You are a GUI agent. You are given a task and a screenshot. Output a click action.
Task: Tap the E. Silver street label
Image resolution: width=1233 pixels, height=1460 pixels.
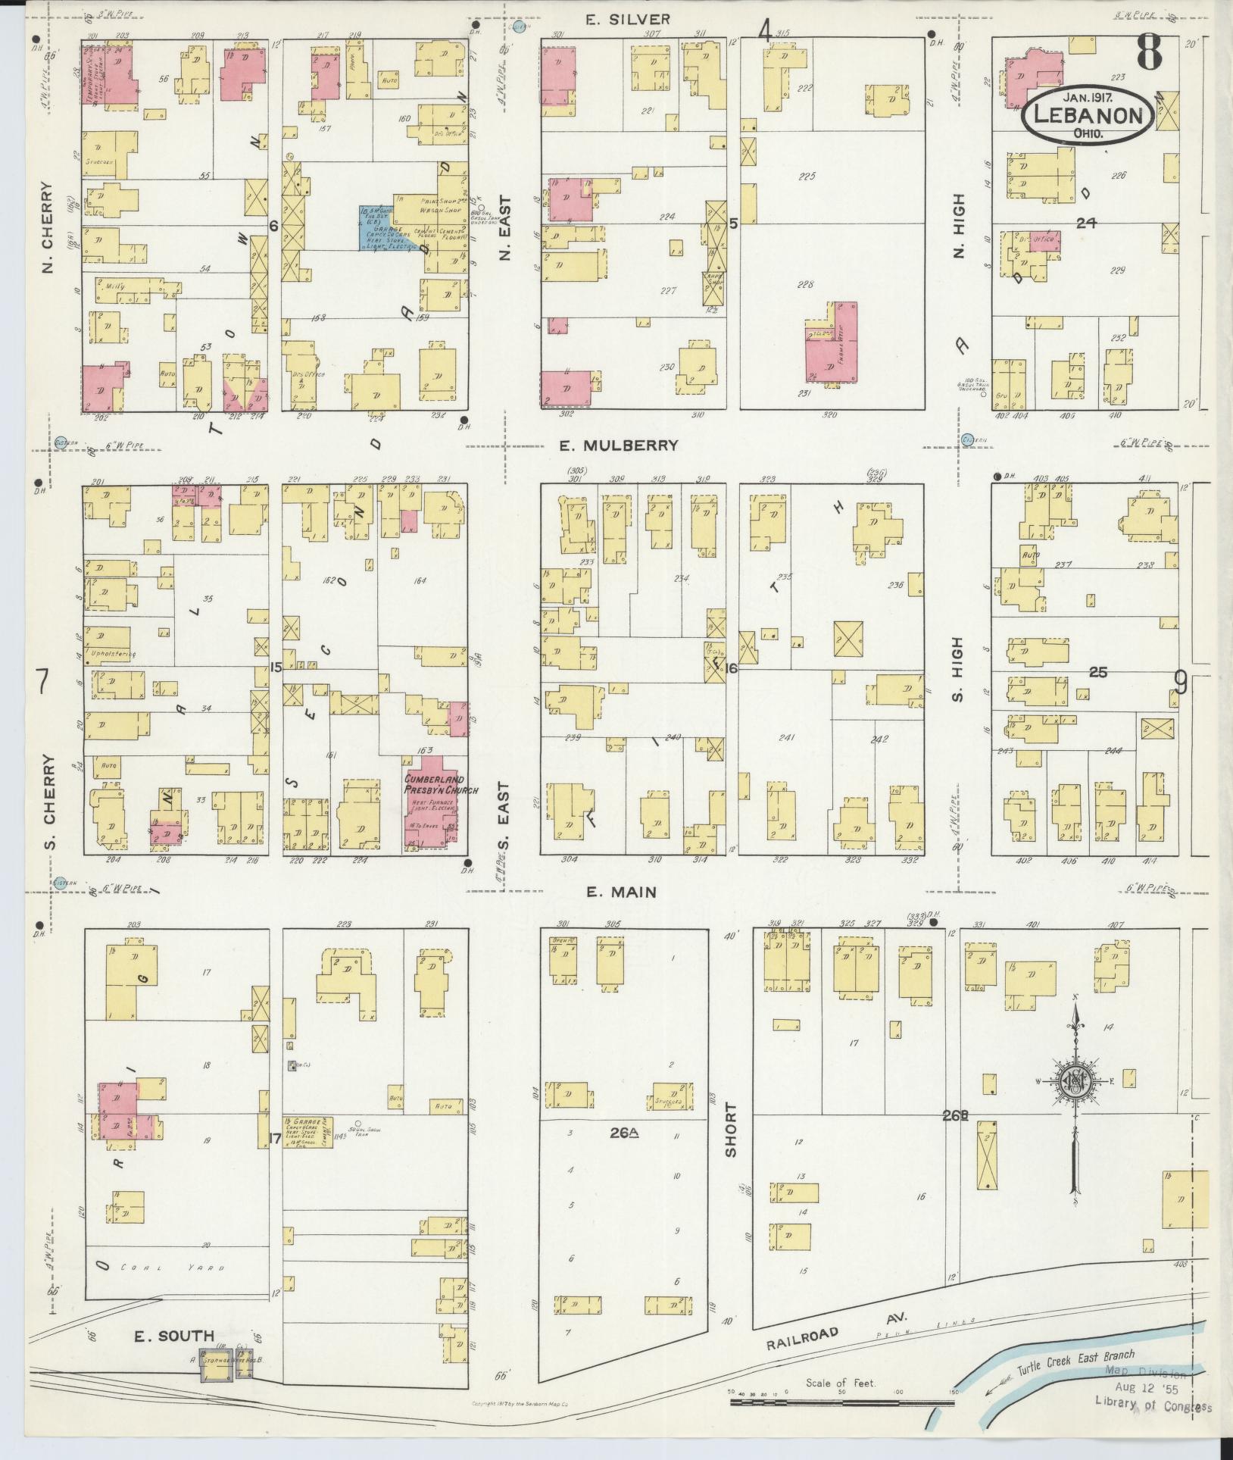[x=628, y=20]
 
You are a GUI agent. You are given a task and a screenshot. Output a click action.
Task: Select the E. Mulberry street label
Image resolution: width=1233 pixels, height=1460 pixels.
[x=619, y=446]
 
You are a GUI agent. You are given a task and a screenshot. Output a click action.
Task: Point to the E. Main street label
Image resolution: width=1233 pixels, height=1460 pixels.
[x=622, y=893]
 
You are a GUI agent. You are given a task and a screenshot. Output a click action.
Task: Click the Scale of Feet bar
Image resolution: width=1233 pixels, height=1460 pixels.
[x=839, y=1402]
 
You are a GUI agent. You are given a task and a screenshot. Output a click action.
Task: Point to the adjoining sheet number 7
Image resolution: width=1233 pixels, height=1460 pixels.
[x=43, y=683]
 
